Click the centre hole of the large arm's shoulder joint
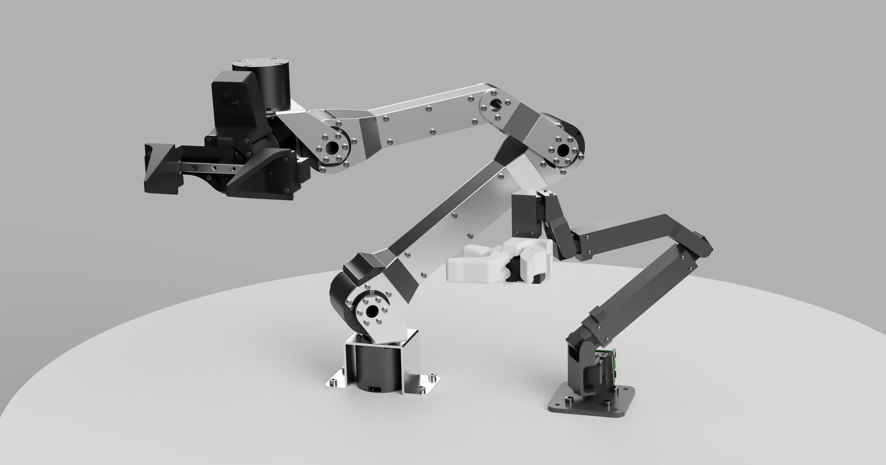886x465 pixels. click(372, 312)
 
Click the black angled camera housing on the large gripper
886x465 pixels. click(234, 103)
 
